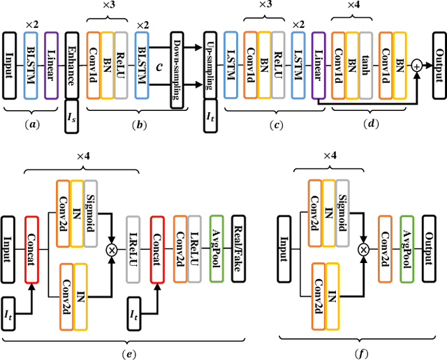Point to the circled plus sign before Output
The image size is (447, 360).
[417, 65]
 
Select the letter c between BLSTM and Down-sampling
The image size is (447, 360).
[160, 67]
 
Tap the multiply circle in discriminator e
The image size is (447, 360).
[110, 248]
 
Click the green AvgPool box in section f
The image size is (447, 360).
[406, 248]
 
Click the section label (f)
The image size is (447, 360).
[360, 353]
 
